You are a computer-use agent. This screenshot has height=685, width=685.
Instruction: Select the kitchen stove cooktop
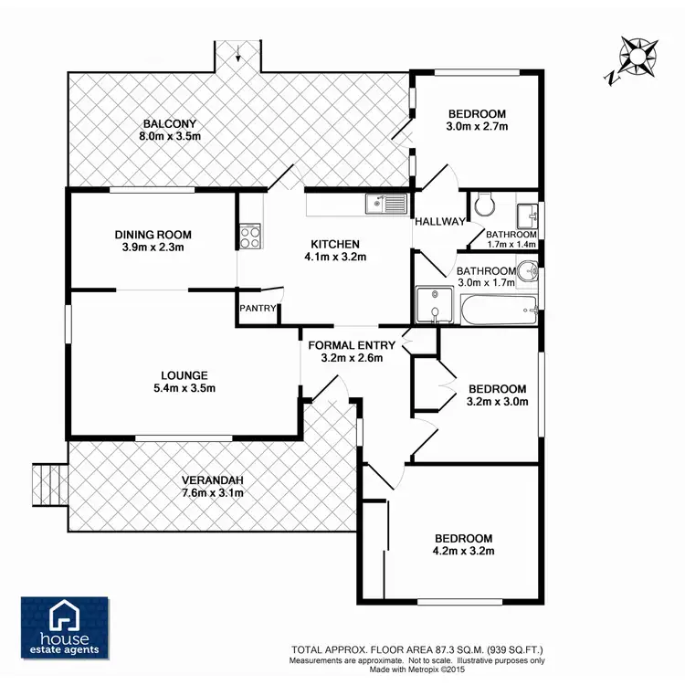[249, 237]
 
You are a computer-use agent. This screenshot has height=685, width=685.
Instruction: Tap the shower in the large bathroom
[434, 305]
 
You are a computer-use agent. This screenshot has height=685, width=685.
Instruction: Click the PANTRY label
[258, 309]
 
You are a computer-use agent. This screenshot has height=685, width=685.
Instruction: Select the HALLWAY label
[438, 222]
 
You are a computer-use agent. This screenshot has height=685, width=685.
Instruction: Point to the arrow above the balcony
[238, 53]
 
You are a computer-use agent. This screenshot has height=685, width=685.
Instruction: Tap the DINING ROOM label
[153, 235]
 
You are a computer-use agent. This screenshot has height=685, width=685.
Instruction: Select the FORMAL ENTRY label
[352, 345]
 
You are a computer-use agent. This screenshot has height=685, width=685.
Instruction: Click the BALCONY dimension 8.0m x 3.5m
[170, 136]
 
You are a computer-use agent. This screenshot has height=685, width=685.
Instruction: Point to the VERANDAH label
[213, 480]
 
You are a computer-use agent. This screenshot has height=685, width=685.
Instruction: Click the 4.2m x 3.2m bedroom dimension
[463, 552]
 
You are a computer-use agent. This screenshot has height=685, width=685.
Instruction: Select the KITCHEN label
[335, 244]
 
